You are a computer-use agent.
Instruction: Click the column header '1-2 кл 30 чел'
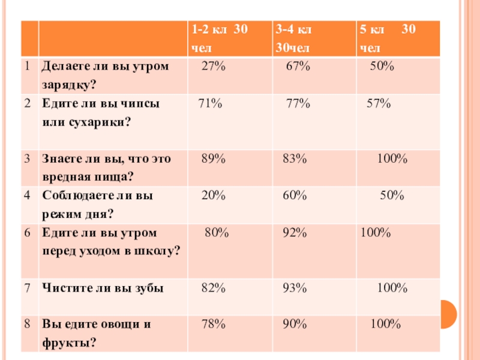(220, 38)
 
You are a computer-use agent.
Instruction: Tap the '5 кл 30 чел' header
(387, 38)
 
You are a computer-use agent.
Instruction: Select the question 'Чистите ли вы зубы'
(102, 288)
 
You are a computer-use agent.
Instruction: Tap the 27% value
(213, 67)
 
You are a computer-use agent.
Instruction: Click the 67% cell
(298, 67)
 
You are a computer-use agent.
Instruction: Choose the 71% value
(210, 104)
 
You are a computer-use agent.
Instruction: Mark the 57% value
(379, 104)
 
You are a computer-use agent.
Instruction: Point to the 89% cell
(213, 159)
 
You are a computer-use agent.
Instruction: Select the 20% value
(213, 195)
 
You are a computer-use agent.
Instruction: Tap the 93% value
(295, 288)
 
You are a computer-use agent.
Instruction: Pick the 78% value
(213, 325)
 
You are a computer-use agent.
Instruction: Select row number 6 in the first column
(28, 232)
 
